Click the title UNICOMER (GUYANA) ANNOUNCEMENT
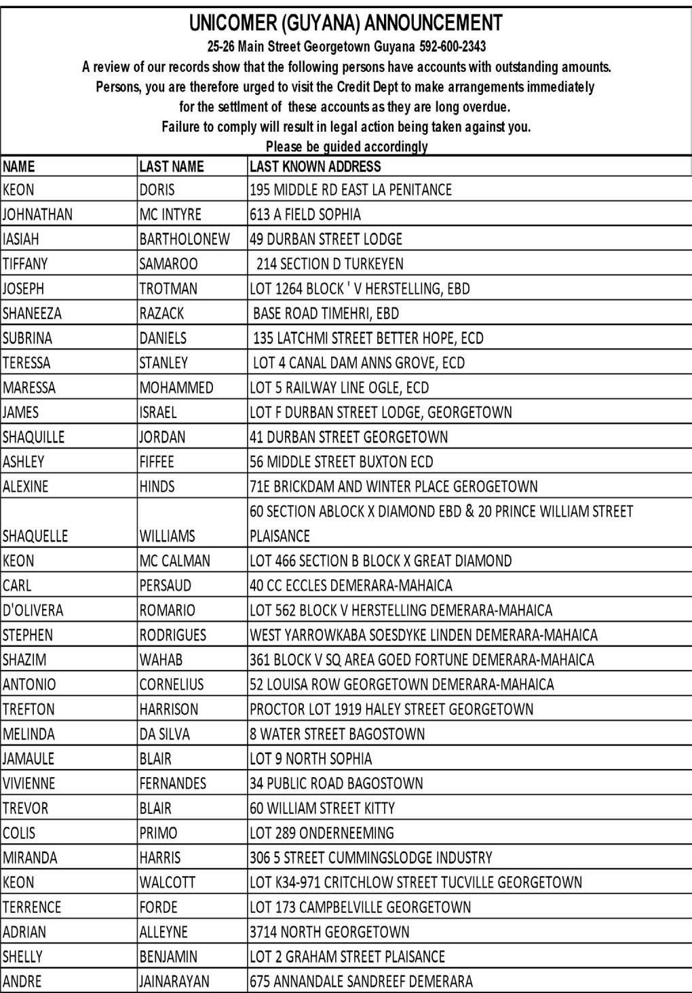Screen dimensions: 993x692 click(x=346, y=23)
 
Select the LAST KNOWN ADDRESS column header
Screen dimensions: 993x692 click(x=315, y=166)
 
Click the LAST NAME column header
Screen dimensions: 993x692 click(x=171, y=166)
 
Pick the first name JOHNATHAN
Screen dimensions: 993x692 click(x=37, y=214)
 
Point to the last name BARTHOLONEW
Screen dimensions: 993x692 click(x=185, y=239)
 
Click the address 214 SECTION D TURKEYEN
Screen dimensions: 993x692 click(x=330, y=263)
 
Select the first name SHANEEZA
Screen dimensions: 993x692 click(x=32, y=313)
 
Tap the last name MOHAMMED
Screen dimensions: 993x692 click(x=176, y=388)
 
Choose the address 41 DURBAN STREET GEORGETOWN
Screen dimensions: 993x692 click(x=349, y=436)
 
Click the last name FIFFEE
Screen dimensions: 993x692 click(x=157, y=462)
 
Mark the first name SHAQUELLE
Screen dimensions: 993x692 click(x=35, y=536)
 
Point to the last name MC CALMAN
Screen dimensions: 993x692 click(x=175, y=561)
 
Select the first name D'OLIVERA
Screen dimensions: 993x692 click(x=33, y=610)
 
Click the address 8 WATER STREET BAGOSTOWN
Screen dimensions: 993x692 click(x=337, y=734)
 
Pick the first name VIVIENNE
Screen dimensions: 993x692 click(x=28, y=783)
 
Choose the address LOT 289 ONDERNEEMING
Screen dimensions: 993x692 click(x=322, y=833)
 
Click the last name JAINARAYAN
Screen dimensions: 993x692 click(x=174, y=981)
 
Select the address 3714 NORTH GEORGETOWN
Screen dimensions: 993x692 click(x=330, y=931)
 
